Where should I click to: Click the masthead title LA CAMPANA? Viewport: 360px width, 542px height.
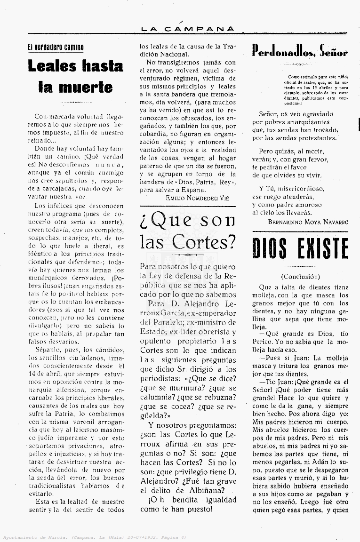[187, 29]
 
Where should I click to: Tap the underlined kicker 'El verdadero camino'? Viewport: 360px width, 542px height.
[56, 47]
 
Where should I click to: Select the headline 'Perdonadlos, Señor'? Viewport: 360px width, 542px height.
[300, 51]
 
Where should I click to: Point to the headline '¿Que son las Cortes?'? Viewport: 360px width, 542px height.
[187, 231]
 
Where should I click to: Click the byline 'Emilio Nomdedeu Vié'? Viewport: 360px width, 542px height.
[197, 198]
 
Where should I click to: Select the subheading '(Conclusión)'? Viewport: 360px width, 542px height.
[300, 277]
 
